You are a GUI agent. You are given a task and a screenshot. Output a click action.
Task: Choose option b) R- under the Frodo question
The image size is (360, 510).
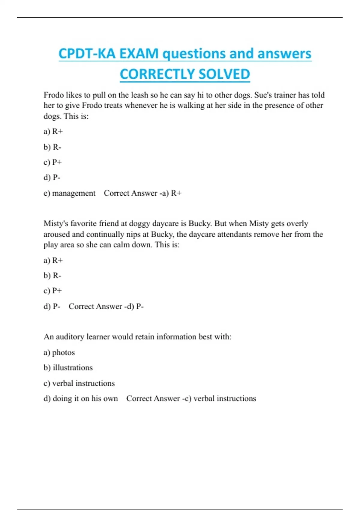click(x=52, y=147)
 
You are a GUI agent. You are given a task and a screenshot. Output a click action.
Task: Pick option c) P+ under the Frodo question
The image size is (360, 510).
click(x=53, y=162)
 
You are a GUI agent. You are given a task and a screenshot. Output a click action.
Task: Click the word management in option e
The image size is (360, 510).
click(x=74, y=193)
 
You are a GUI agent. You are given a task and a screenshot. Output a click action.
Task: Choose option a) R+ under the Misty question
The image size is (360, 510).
click(x=53, y=260)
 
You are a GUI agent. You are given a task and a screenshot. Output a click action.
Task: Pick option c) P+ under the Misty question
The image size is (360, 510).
click(x=53, y=291)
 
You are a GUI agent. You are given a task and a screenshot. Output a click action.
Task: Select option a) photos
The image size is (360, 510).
click(x=59, y=352)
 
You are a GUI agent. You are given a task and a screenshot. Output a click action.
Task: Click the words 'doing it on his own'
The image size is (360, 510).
click(x=85, y=399)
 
